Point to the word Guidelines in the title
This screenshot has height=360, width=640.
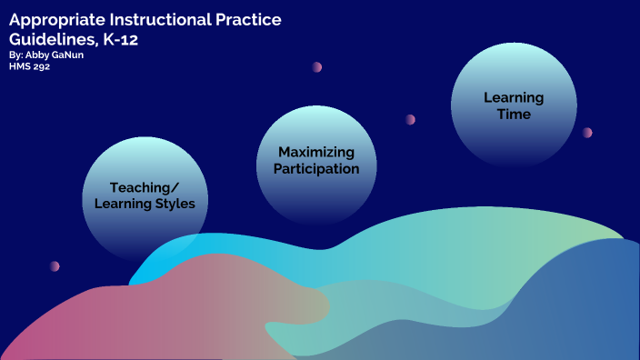pyautogui.click(x=51, y=39)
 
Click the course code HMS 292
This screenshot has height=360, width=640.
pyautogui.click(x=29, y=66)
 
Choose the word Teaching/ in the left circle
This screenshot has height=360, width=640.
pyautogui.click(x=145, y=187)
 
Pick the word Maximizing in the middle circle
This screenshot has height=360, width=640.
pyautogui.click(x=316, y=152)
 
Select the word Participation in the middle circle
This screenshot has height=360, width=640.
pyautogui.click(x=316, y=169)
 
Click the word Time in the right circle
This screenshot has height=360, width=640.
pyautogui.click(x=513, y=115)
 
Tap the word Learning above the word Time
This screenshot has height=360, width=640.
pyautogui.click(x=513, y=97)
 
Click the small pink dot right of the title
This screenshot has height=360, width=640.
pyautogui.click(x=317, y=67)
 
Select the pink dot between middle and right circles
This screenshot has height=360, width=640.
pyautogui.click(x=410, y=119)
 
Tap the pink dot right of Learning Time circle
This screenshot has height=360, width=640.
pyautogui.click(x=587, y=133)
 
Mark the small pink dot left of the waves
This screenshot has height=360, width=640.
pyautogui.click(x=55, y=266)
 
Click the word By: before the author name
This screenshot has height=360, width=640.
pyautogui.click(x=16, y=55)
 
